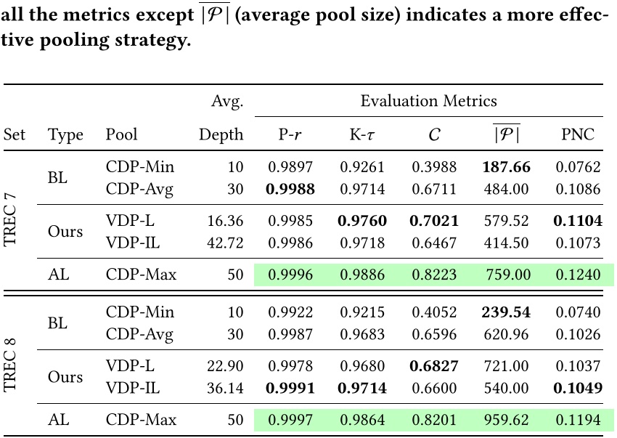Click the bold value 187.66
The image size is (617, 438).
(x=505, y=168)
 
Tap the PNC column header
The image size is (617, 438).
(x=579, y=135)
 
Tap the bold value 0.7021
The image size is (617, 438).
(x=434, y=220)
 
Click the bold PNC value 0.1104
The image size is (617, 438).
(x=579, y=220)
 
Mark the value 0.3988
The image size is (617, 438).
(x=434, y=168)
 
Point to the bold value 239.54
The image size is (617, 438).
(x=505, y=313)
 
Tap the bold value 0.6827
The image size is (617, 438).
(x=434, y=365)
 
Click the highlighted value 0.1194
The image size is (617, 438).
(x=579, y=421)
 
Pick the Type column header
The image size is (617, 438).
(x=65, y=135)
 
